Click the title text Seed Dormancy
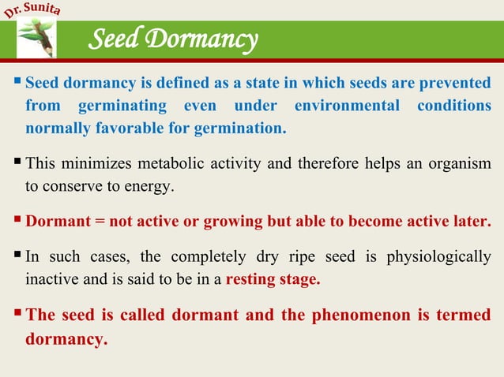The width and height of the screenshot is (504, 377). click(173, 39)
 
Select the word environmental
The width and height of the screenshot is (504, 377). click(338, 106)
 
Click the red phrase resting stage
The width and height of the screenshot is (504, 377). click(273, 278)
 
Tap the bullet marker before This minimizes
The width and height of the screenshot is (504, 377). click(17, 162)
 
